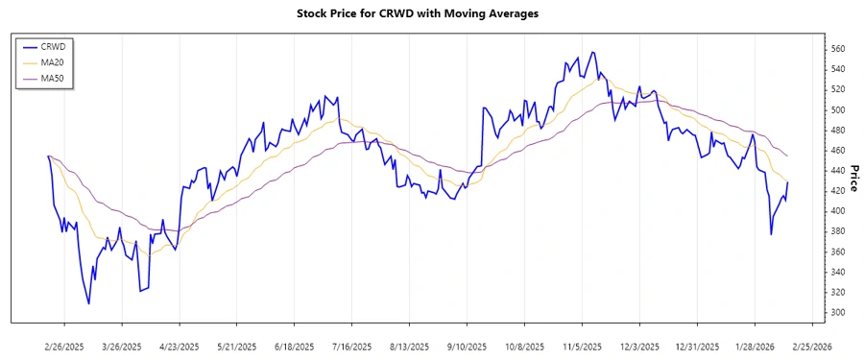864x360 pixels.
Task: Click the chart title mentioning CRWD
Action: (x=431, y=14)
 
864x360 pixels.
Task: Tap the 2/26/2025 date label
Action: (x=64, y=346)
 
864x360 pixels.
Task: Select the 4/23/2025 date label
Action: (x=179, y=346)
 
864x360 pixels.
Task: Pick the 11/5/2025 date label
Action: (x=582, y=346)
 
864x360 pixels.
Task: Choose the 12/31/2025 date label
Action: (x=697, y=346)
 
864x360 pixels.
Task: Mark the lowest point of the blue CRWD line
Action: (x=89, y=304)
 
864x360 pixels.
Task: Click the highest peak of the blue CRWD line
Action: (x=592, y=52)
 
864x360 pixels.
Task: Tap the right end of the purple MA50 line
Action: (x=788, y=156)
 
